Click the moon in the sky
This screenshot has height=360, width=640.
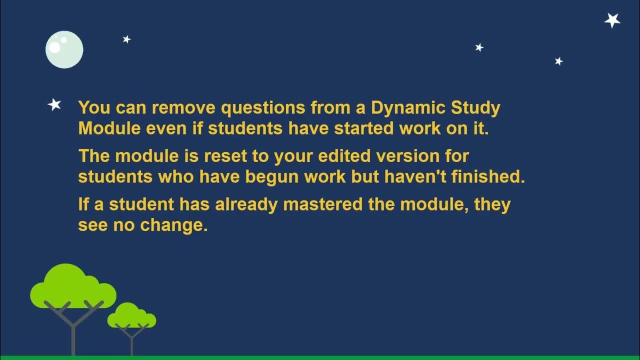(64, 49)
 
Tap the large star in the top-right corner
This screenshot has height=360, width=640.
(612, 20)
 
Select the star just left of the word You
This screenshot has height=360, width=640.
(54, 104)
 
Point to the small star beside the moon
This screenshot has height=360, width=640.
(126, 39)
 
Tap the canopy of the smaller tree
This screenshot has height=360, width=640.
(131, 316)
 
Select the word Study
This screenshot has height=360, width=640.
(475, 107)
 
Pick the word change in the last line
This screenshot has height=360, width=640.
(173, 225)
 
